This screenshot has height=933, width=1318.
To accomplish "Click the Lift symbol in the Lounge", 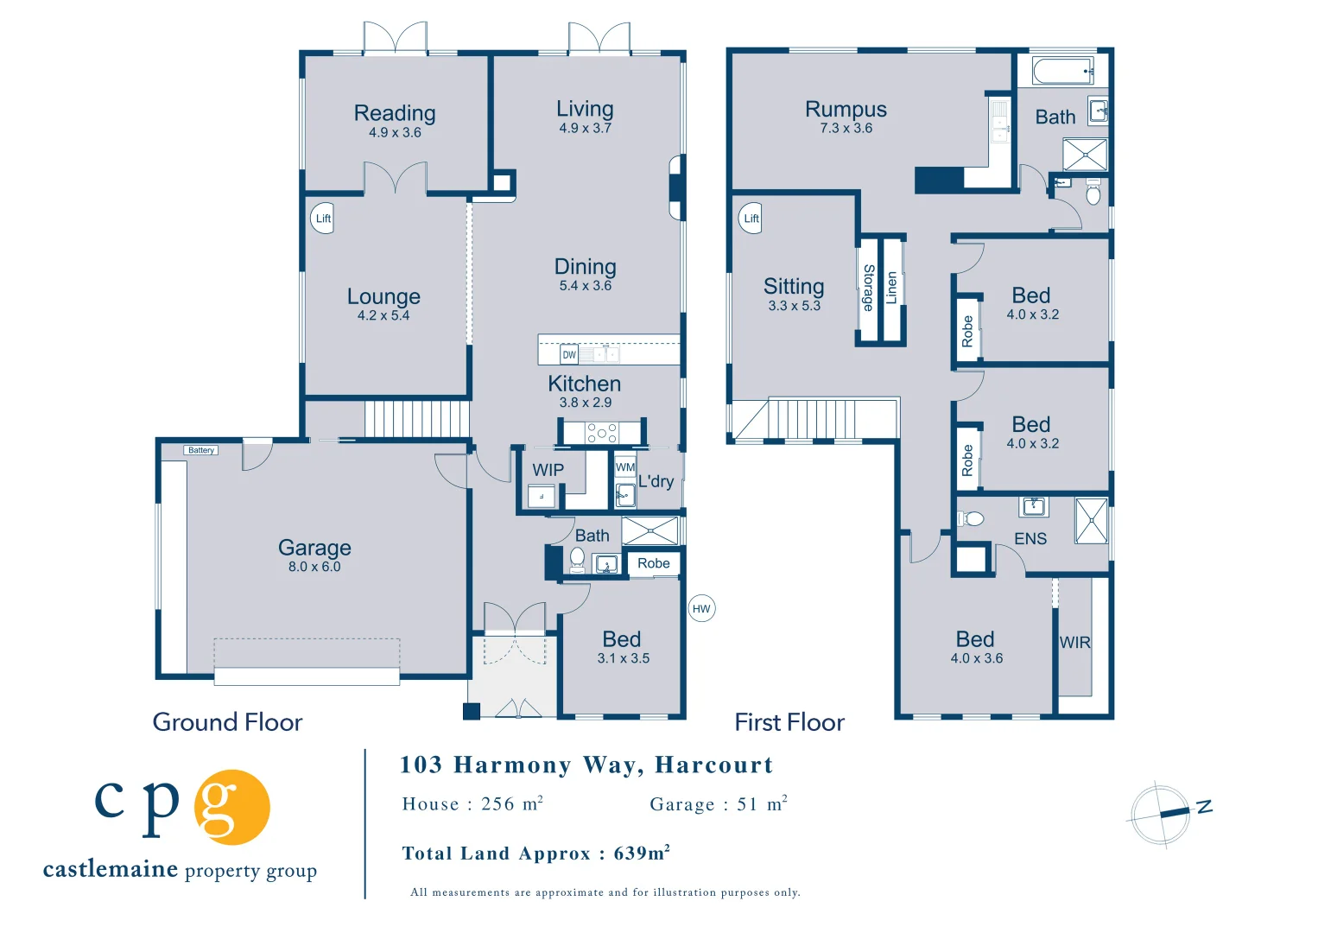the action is (x=322, y=219).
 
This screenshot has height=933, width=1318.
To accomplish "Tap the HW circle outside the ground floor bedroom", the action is (x=701, y=609).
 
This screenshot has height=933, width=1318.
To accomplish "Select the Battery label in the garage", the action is (x=201, y=450).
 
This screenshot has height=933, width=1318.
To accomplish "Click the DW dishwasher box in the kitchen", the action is (x=569, y=355).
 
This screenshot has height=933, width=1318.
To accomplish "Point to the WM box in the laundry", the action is (x=625, y=467).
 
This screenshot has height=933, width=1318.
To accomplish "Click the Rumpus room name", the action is (x=846, y=110).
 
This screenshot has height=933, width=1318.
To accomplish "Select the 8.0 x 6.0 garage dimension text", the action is (x=314, y=567).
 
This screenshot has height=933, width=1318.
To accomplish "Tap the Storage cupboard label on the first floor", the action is (x=869, y=288).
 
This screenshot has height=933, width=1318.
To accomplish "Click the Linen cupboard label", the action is (x=891, y=288).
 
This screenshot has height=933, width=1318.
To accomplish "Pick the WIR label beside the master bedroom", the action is (x=1074, y=643).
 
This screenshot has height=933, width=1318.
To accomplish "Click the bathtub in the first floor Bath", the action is (x=1062, y=71).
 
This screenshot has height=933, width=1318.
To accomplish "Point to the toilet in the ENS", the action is (x=971, y=518).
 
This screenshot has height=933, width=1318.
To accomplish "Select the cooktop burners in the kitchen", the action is (x=601, y=434).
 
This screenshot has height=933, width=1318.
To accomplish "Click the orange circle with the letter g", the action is (x=231, y=807).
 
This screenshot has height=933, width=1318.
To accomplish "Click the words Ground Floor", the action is (x=227, y=722).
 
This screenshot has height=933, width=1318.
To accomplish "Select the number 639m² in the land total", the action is (x=642, y=853).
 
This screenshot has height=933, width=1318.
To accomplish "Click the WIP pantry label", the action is (x=548, y=470).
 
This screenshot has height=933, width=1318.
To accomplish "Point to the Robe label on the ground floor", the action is (x=653, y=563).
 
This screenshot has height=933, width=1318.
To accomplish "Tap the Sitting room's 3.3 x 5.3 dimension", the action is (x=794, y=306).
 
